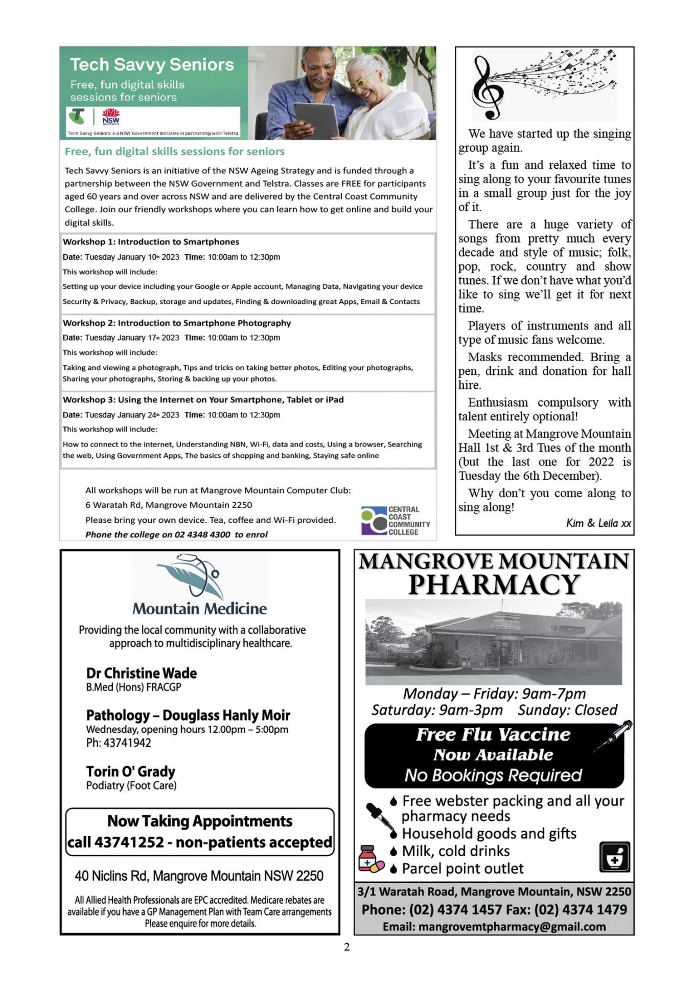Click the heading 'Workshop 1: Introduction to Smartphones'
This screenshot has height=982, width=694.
151,242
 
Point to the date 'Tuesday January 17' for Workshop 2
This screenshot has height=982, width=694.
132,338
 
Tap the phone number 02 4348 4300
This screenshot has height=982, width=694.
202,534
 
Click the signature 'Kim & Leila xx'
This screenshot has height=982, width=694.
598,523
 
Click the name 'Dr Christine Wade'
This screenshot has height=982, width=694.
142,673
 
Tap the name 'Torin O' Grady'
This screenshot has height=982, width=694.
131,771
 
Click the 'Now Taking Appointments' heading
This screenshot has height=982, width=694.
200,821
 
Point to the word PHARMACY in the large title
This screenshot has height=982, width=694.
494,585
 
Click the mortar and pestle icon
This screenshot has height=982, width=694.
614,857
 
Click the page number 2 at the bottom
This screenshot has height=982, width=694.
347,947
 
